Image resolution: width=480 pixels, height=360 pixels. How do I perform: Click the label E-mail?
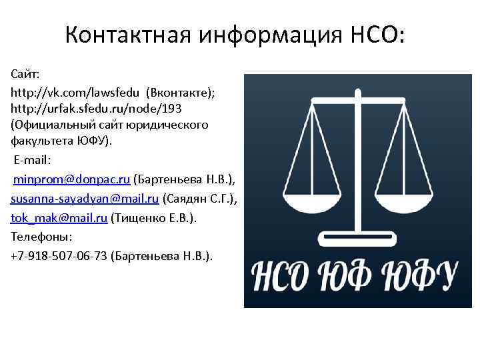click(x=33, y=160)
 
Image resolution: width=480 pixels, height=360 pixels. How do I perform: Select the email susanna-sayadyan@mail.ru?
click(x=85, y=199)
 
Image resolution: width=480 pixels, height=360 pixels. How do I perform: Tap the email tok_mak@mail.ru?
click(x=59, y=218)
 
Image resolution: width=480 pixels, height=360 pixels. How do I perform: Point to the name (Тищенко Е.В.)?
click(x=155, y=218)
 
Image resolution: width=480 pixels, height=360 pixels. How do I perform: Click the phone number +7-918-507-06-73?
click(x=59, y=256)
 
